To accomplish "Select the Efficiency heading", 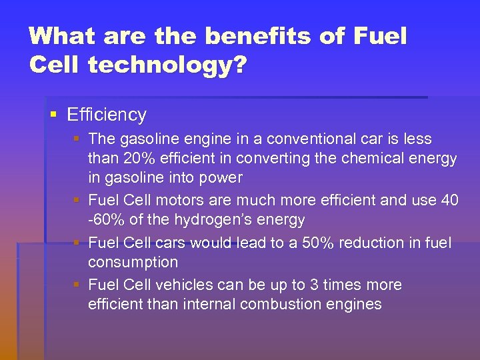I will pyautogui.click(x=107, y=115).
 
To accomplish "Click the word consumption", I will pyautogui.click(x=133, y=263).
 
